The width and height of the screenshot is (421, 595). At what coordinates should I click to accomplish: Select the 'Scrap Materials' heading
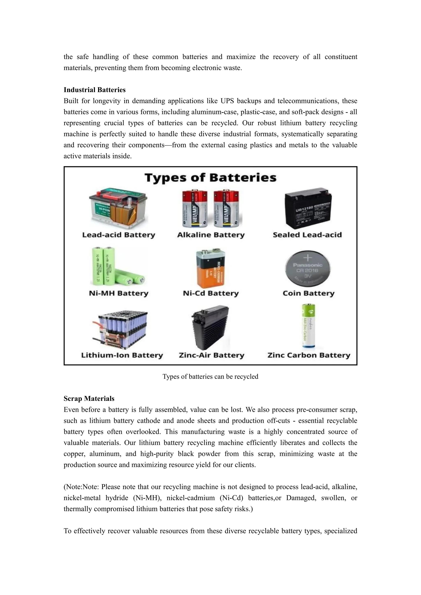(x=89, y=398)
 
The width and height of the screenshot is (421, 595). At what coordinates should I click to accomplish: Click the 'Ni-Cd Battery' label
(x=210, y=293)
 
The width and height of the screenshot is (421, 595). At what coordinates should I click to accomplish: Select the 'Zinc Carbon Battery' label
(x=309, y=355)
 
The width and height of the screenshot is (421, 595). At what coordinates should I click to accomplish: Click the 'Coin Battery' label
(x=309, y=293)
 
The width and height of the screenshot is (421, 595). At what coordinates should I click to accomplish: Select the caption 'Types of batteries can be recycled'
(x=210, y=377)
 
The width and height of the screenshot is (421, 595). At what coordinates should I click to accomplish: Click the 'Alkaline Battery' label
(x=211, y=235)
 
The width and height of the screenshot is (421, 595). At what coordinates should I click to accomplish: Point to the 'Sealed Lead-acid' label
(x=307, y=235)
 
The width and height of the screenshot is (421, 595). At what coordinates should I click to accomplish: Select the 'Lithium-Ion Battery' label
(x=122, y=355)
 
